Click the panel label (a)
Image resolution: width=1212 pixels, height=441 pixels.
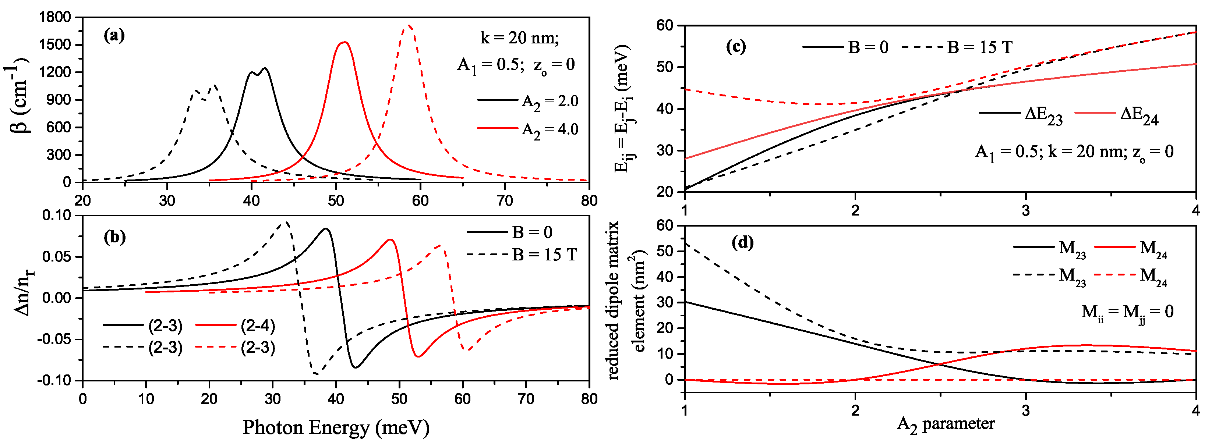pyautogui.click(x=114, y=36)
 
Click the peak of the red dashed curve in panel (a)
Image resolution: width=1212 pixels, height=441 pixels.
pyautogui.click(x=408, y=25)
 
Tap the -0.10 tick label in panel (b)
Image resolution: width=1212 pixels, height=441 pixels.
pyautogui.click(x=54, y=380)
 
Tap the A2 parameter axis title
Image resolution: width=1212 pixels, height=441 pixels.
pyautogui.click(x=946, y=424)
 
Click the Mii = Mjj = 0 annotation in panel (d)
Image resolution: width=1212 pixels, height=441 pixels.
pyautogui.click(x=1127, y=312)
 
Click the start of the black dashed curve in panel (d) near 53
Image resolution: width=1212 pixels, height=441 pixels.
pyautogui.click(x=686, y=243)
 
